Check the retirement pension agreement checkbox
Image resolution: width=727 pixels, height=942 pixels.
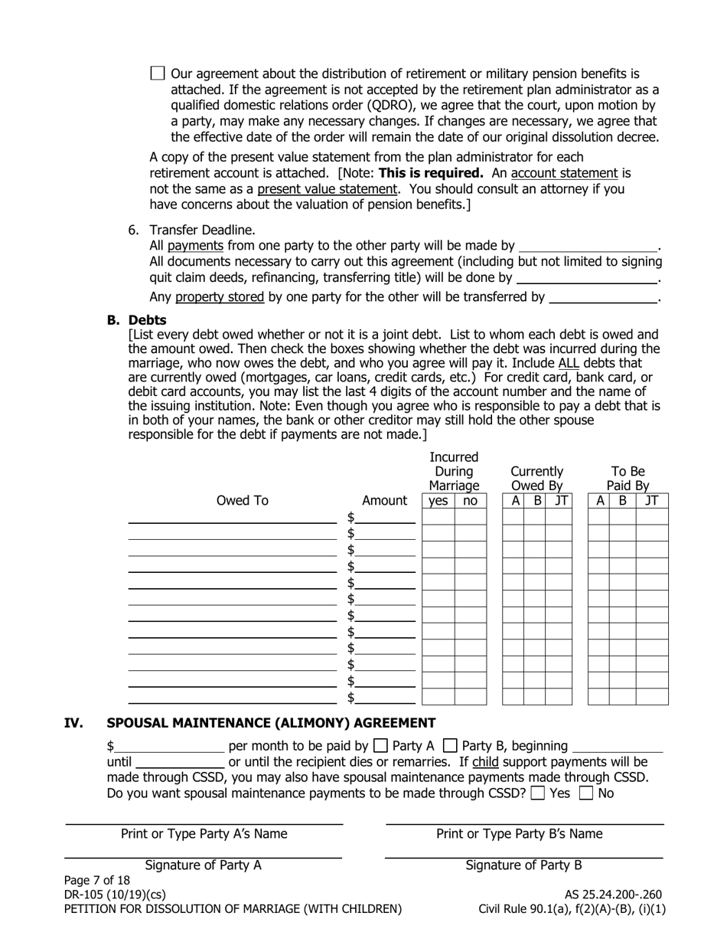pyautogui.click(x=158, y=74)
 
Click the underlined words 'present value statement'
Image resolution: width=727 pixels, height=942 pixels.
pyautogui.click(x=327, y=188)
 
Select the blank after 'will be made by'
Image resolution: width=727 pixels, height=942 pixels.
pyautogui.click(x=588, y=247)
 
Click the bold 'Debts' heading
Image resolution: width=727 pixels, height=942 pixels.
pyautogui.click(x=147, y=320)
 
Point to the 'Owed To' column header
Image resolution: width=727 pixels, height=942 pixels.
pyautogui.click(x=243, y=501)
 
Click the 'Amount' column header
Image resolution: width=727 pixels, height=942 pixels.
pyautogui.click(x=384, y=501)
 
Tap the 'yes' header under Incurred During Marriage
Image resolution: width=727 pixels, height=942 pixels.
pyautogui.click(x=438, y=501)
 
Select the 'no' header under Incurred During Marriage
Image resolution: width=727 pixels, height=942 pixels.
pyautogui.click(x=470, y=501)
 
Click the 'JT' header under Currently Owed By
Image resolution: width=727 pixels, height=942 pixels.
pyautogui.click(x=561, y=501)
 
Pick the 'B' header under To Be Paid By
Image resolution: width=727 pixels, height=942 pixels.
pyautogui.click(x=622, y=501)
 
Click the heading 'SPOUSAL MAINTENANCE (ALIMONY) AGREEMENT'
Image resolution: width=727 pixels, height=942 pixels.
pyautogui.click(x=271, y=723)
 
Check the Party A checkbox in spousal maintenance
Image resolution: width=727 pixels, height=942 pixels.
pyautogui.click(x=380, y=746)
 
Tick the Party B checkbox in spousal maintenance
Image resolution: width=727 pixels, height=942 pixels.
pyautogui.click(x=451, y=746)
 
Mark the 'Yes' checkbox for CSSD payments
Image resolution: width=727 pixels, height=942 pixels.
pyautogui.click(x=537, y=793)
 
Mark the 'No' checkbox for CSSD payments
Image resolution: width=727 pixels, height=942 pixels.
pyautogui.click(x=586, y=793)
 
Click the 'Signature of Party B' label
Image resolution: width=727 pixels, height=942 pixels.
pyautogui.click(x=523, y=865)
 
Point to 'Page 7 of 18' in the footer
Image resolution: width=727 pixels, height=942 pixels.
pyautogui.click(x=97, y=880)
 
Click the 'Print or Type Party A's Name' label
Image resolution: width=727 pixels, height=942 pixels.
pyautogui.click(x=204, y=834)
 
